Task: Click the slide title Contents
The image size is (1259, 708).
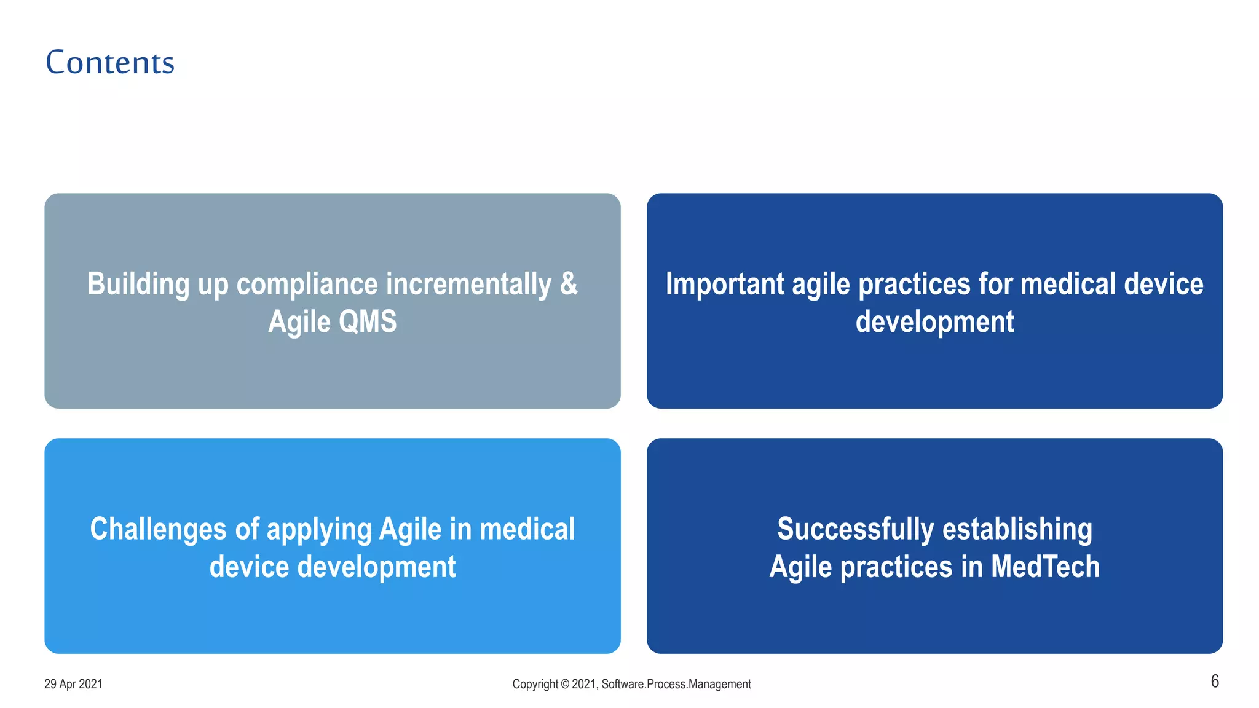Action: pyautogui.click(x=110, y=62)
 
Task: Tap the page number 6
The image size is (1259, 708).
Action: pyautogui.click(x=1215, y=681)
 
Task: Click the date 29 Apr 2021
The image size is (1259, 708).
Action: pyautogui.click(x=73, y=684)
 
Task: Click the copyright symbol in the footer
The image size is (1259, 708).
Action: pyautogui.click(x=565, y=684)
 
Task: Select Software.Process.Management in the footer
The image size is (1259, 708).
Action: pyautogui.click(x=676, y=684)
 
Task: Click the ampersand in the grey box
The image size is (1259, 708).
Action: pyautogui.click(x=569, y=284)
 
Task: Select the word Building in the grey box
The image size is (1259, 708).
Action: pyautogui.click(x=139, y=284)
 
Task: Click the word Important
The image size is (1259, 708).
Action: pyautogui.click(x=725, y=284)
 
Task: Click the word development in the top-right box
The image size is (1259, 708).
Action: pyautogui.click(x=934, y=321)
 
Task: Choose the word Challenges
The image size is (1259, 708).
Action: pyautogui.click(x=158, y=529)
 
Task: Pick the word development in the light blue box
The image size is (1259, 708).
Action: pyautogui.click(x=376, y=567)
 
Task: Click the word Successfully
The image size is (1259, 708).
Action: pyautogui.click(x=855, y=529)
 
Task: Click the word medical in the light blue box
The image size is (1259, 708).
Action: pyautogui.click(x=527, y=529)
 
